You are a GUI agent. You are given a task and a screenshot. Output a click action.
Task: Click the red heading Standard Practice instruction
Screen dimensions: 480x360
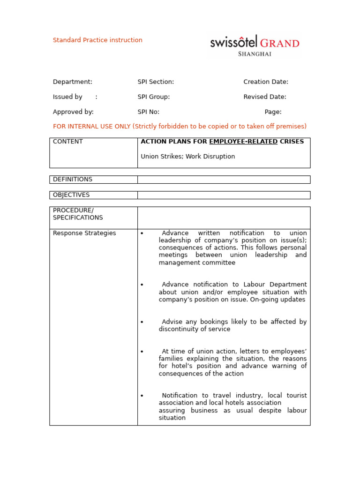[97, 40]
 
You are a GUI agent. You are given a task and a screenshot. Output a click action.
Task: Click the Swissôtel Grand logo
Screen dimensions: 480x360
[255, 43]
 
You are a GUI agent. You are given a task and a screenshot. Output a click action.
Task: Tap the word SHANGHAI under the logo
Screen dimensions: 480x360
[255, 54]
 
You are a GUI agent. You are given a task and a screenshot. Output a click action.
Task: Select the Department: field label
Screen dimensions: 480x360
[73, 82]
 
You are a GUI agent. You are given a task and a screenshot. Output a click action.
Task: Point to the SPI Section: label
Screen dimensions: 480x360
[156, 82]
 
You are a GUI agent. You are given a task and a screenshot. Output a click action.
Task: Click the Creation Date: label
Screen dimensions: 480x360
[266, 82]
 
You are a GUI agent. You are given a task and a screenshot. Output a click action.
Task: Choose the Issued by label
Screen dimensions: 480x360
[67, 97]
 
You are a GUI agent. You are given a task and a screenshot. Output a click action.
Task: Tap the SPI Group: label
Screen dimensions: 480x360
[154, 97]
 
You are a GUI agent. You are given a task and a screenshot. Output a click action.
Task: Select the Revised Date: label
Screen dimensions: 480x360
[265, 97]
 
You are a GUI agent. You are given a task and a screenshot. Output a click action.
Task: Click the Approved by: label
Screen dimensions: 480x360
[73, 112]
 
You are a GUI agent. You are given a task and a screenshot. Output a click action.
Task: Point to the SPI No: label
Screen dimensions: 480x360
[149, 112]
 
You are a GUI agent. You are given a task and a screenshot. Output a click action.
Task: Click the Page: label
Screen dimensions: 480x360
[273, 112]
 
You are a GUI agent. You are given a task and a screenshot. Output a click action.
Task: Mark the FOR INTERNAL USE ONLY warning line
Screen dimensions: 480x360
[180, 127]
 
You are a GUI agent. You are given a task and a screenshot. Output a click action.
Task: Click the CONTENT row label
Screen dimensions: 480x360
[68, 142]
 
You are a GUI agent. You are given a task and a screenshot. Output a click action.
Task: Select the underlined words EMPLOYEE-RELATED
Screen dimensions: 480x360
[243, 142]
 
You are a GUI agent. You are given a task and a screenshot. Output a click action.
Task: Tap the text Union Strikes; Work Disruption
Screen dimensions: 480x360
[188, 157]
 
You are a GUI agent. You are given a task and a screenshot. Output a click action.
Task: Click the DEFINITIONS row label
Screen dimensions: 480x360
[73, 180]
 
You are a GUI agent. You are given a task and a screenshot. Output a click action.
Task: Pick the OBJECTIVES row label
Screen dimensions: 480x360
[71, 195]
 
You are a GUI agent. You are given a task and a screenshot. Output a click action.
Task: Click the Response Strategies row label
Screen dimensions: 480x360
[84, 233]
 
